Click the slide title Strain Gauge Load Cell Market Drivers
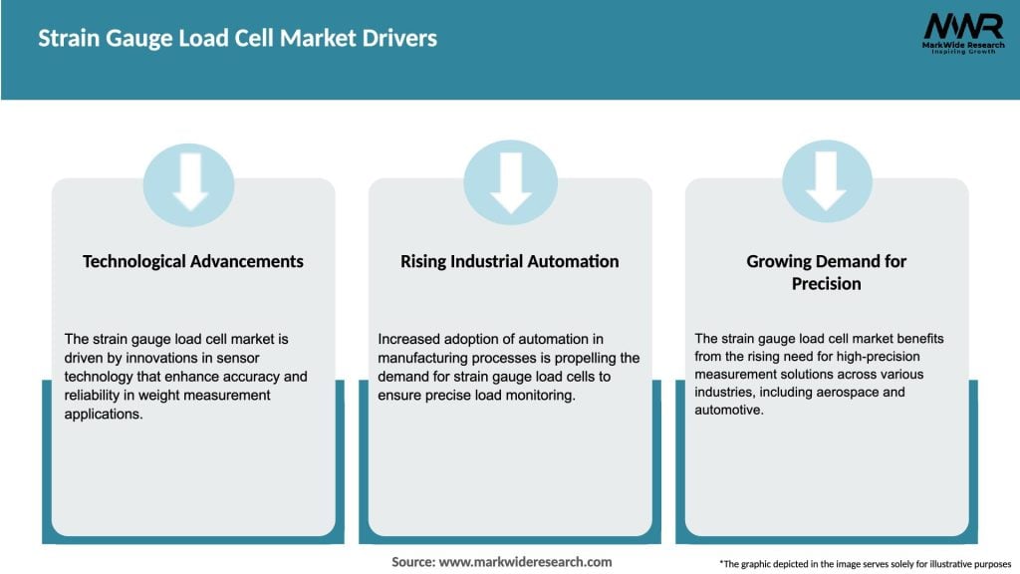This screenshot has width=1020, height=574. click(237, 39)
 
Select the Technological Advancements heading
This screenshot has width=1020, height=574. click(193, 261)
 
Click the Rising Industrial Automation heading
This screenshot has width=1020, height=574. click(510, 261)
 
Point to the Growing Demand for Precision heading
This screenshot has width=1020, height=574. click(827, 272)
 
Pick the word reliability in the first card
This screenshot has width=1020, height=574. click(96, 395)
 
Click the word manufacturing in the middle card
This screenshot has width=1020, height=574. click(426, 358)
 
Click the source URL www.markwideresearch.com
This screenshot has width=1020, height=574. click(525, 562)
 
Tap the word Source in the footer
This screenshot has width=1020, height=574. click(411, 562)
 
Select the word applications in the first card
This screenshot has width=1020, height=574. click(104, 413)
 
